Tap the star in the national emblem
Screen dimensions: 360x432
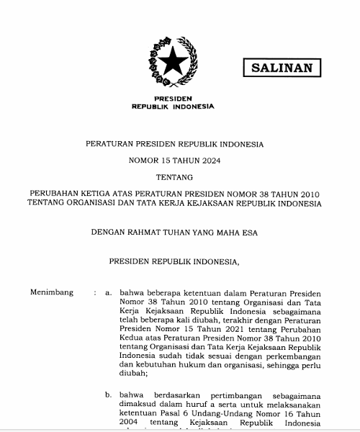click(173, 62)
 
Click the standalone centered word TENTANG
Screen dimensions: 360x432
click(174, 177)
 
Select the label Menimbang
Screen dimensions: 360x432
click(51, 294)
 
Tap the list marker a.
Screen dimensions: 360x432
click(108, 294)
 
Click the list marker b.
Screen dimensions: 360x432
click(108, 395)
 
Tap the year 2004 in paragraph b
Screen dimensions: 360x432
click(132, 426)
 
